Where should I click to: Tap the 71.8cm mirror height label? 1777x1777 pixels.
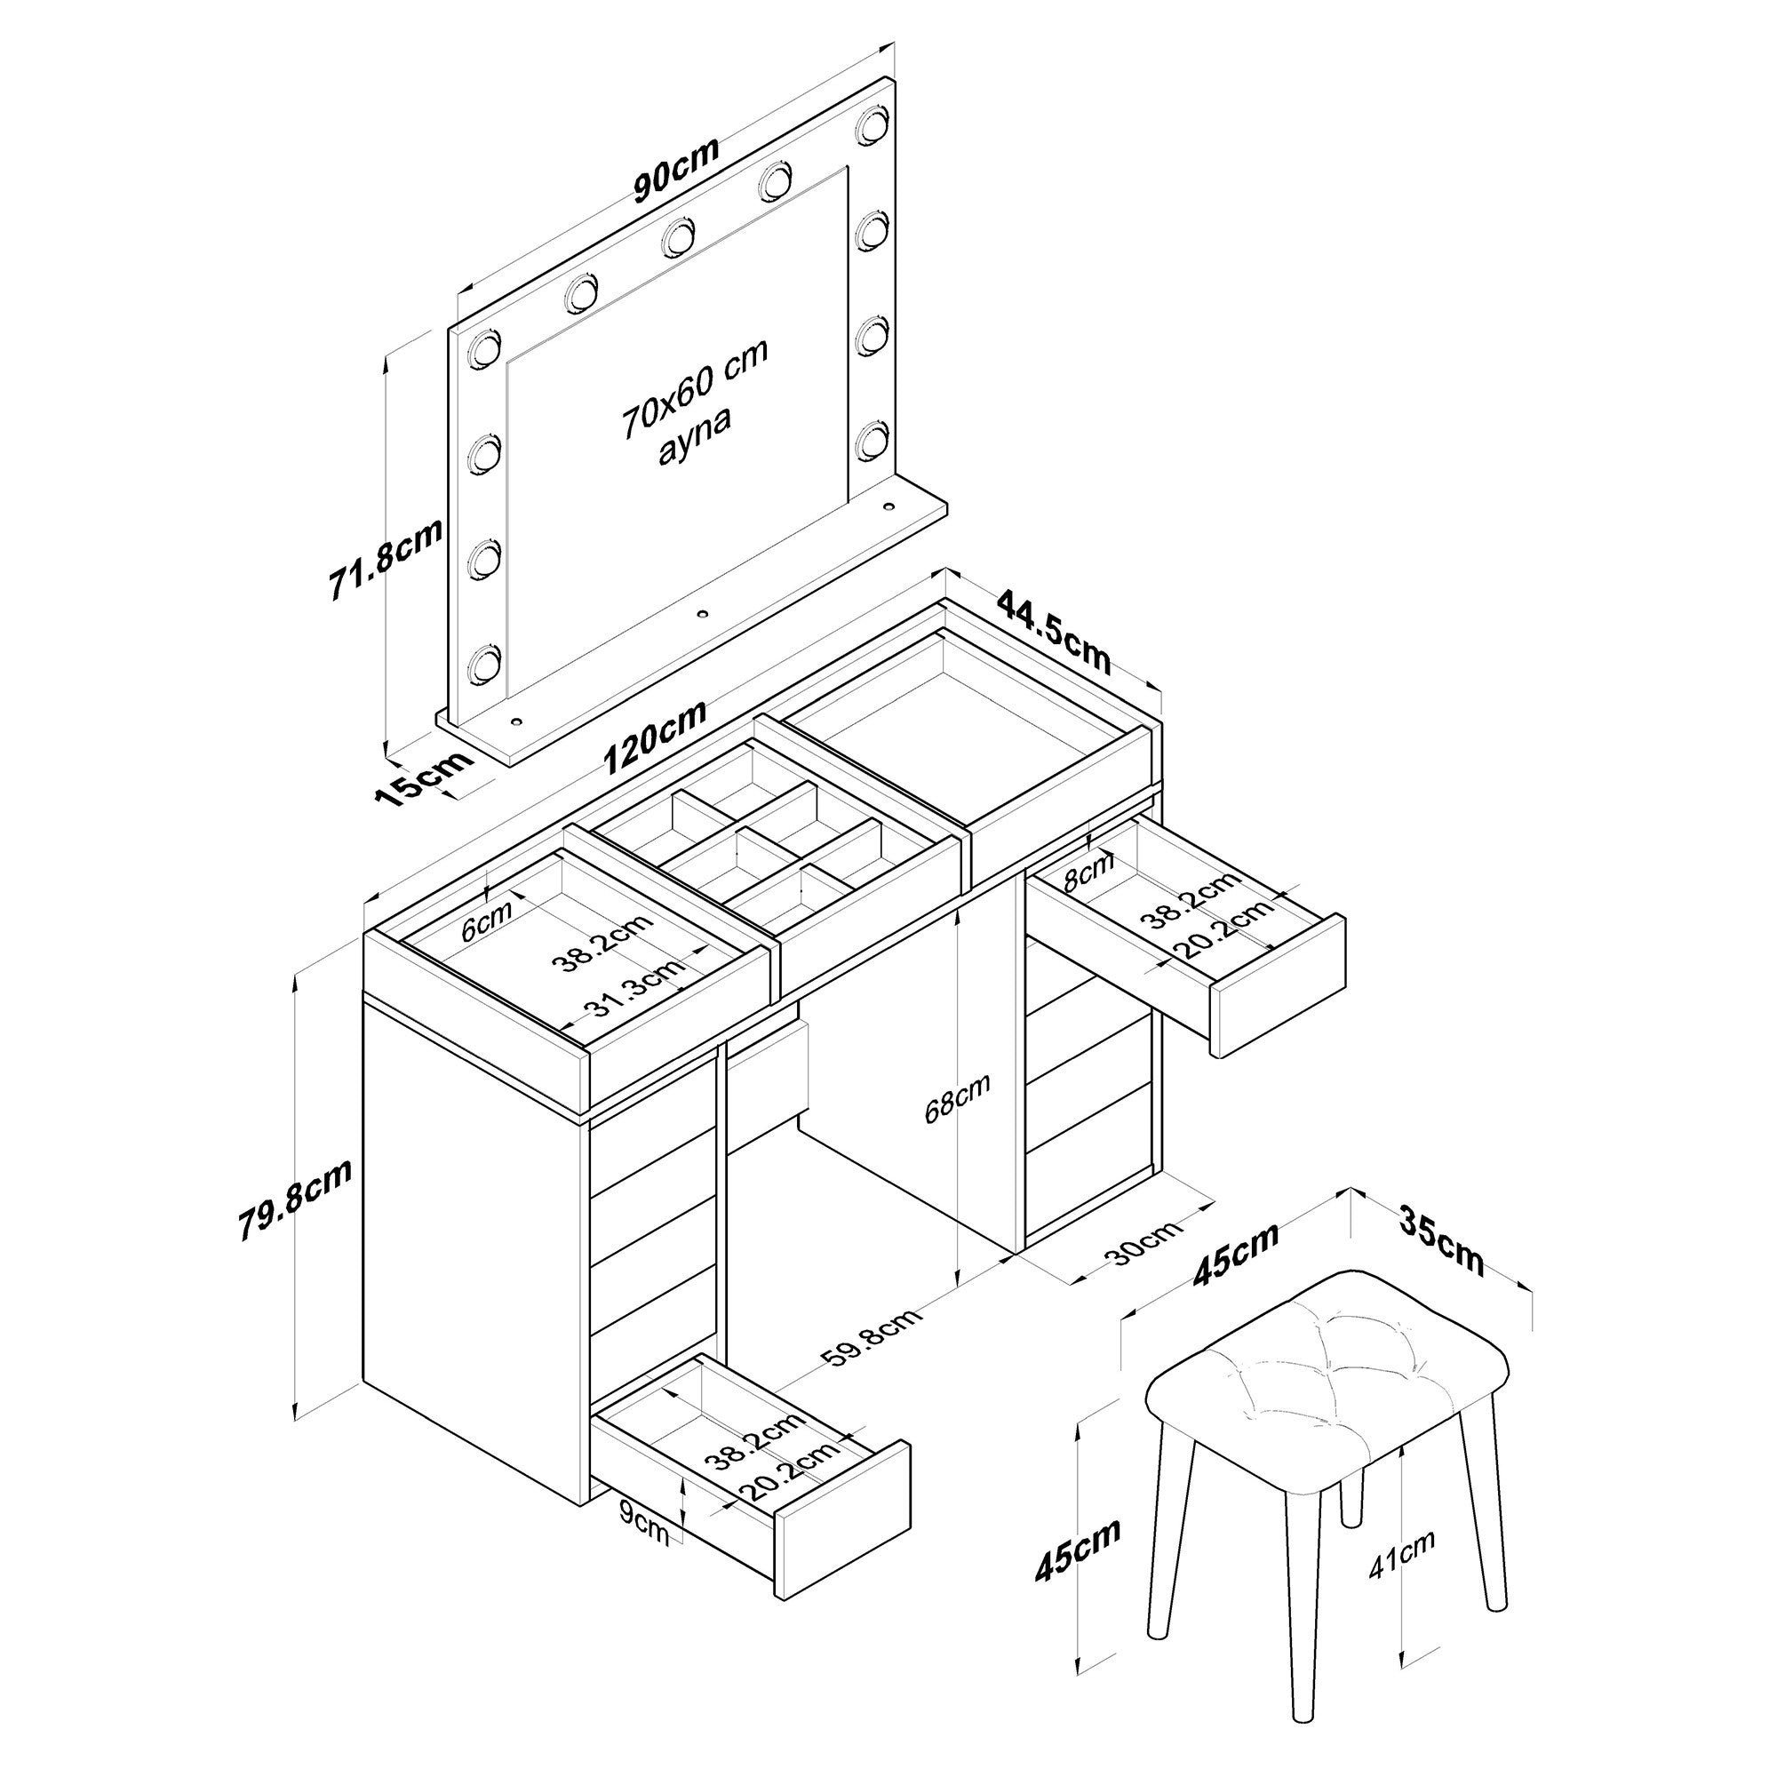[386, 559]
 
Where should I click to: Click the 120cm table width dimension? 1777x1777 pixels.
[655, 737]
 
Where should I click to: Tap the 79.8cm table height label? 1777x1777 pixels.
[294, 1201]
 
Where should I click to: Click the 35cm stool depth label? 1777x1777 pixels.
[1441, 1240]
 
